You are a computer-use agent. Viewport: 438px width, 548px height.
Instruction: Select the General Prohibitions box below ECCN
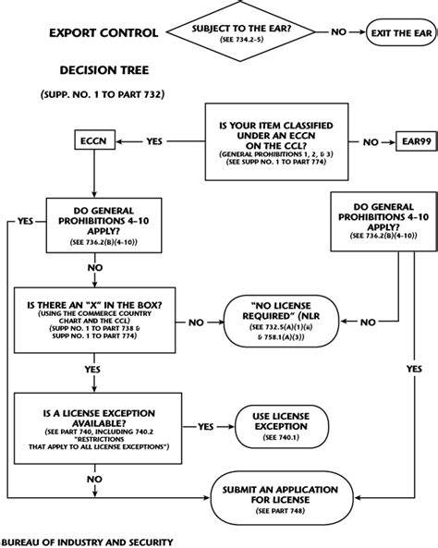point(96,225)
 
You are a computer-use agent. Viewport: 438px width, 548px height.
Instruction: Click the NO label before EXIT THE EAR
point(339,32)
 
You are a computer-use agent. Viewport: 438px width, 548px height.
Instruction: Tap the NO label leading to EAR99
point(371,143)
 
